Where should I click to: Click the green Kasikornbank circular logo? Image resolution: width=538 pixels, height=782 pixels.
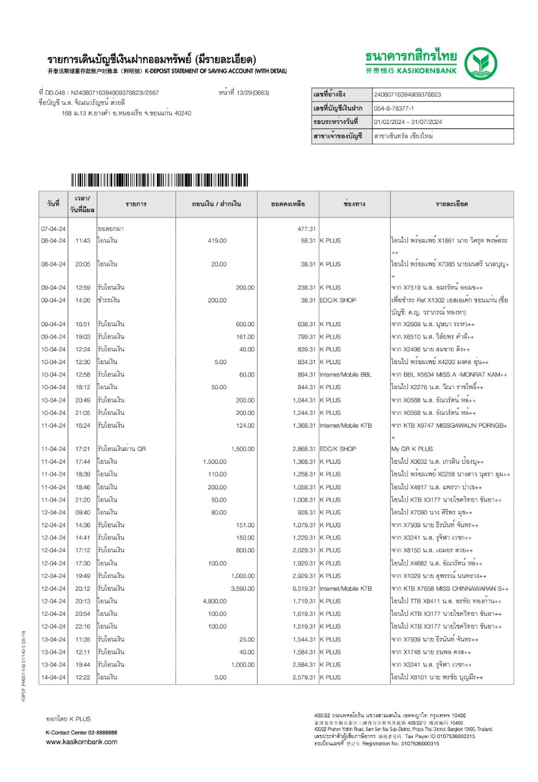click(x=481, y=64)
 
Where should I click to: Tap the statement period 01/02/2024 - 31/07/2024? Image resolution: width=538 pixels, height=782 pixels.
click(x=407, y=122)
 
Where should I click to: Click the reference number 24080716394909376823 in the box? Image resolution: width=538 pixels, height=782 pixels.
click(x=407, y=95)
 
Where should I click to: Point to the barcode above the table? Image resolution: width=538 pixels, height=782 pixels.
click(x=160, y=180)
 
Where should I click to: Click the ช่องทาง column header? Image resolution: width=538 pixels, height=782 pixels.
click(x=354, y=203)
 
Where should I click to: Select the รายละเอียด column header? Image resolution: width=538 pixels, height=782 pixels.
click(x=452, y=203)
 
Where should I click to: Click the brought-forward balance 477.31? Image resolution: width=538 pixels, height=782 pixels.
click(x=305, y=228)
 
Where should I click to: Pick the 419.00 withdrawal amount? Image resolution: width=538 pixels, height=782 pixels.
click(x=217, y=241)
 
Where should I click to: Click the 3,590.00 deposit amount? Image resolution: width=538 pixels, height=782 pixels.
click(x=242, y=588)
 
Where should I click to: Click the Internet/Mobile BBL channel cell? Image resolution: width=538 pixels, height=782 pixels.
click(x=349, y=374)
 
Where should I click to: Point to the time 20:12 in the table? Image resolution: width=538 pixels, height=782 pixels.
click(x=82, y=588)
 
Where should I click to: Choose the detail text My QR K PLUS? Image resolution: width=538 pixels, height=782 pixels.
click(x=412, y=449)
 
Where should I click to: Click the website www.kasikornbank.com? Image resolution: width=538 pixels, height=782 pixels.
click(x=82, y=742)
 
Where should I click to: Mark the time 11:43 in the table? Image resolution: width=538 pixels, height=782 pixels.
click(x=82, y=241)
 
